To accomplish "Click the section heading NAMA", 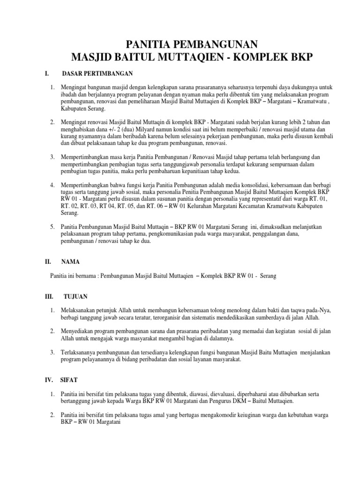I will pyautogui.click(x=71, y=263).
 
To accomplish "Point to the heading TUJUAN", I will pyautogui.click(x=75, y=297).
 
